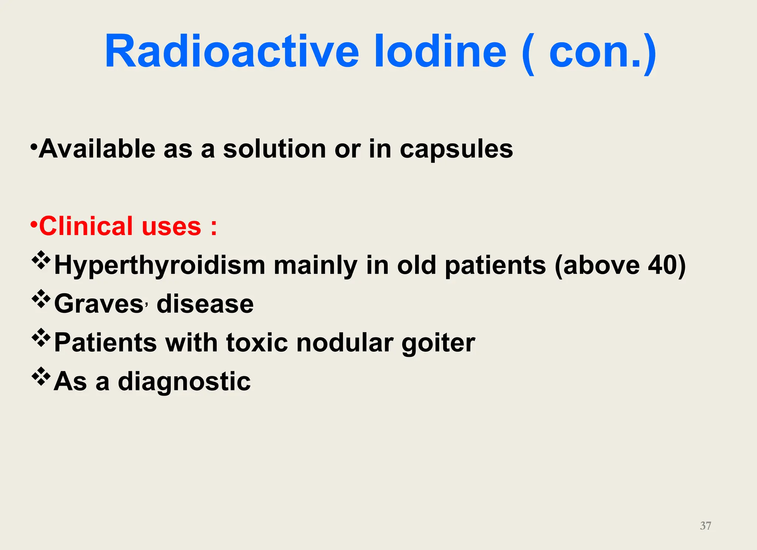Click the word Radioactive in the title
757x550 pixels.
[x=232, y=51]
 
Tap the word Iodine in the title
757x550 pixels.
[x=440, y=51]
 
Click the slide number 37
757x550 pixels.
[x=705, y=526]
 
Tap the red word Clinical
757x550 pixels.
[x=86, y=226]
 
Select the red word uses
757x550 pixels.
[x=172, y=227]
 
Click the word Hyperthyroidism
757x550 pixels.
[x=160, y=266]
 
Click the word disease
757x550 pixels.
[x=205, y=304]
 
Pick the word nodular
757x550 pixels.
[x=344, y=343]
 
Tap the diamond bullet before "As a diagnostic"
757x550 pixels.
[x=41, y=376]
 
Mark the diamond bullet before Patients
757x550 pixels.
[x=41, y=337]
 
